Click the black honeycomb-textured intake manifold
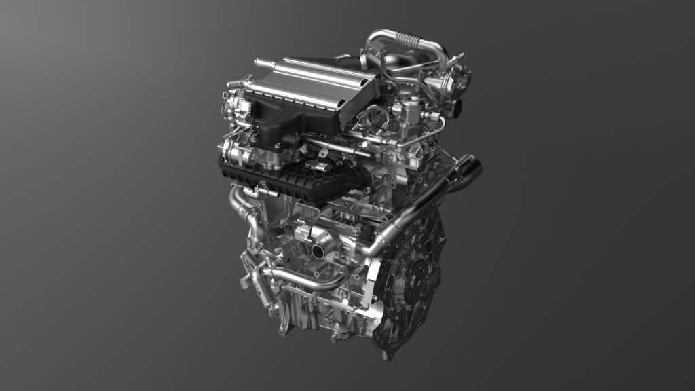299,181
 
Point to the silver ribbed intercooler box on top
312,85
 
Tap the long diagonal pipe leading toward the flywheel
414,210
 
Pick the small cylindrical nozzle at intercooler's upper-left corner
259,62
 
